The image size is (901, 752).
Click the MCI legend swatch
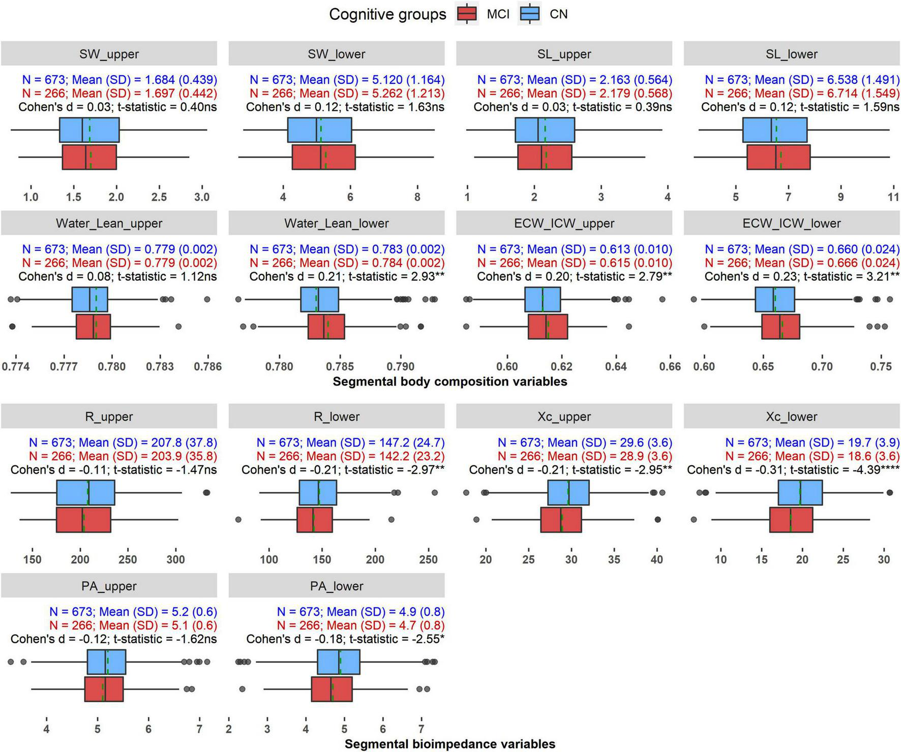point(466,14)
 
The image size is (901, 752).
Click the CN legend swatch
point(529,14)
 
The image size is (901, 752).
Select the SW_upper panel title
point(109,54)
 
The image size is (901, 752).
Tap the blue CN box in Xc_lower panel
point(800,492)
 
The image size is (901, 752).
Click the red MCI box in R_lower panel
point(315,520)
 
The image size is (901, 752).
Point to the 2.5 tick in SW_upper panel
point(159,197)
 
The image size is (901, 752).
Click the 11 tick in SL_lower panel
point(893,197)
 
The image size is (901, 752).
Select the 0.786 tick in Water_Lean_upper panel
point(207,366)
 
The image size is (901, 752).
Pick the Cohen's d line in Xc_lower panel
point(793,470)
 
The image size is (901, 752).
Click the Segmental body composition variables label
point(450,382)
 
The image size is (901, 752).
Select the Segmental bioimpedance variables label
point(450,744)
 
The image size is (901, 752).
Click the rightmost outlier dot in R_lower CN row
point(434,492)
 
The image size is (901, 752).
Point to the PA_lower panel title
point(337,586)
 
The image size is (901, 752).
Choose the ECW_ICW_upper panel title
point(564,223)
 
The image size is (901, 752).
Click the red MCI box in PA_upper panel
point(104,689)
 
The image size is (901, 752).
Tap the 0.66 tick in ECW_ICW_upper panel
point(670,366)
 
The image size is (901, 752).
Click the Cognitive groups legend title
point(387,14)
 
